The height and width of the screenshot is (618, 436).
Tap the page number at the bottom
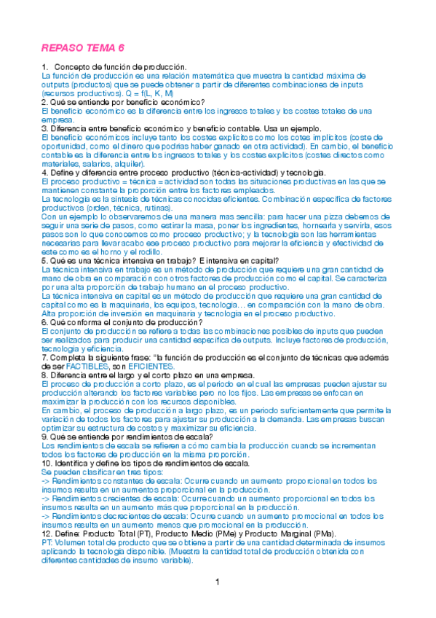[x=218, y=582]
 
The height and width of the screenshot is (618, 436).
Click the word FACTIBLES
[x=90, y=366]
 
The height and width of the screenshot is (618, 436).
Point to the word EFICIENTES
[x=151, y=366]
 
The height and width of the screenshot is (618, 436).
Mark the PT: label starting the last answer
[x=47, y=542]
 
